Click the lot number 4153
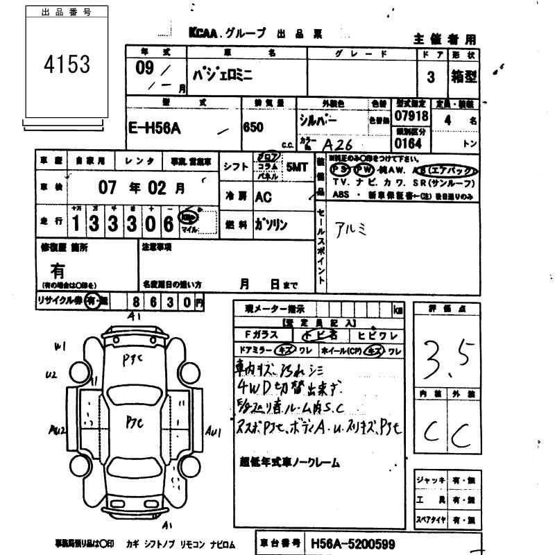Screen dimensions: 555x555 pyautogui.click(x=67, y=65)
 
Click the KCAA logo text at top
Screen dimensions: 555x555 pyautogui.click(x=204, y=33)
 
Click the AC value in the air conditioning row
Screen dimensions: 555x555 pyautogui.click(x=264, y=196)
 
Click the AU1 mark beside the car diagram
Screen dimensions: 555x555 pyautogui.click(x=214, y=432)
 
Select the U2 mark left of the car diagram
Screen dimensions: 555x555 pyautogui.click(x=50, y=375)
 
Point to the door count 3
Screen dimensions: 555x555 pyautogui.click(x=431, y=78)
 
